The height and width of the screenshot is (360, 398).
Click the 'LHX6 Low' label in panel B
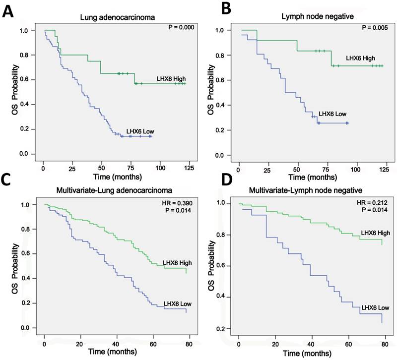click(333, 114)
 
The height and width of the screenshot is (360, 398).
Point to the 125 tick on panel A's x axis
click(188, 169)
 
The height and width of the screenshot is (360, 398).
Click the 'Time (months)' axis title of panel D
click(311, 353)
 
